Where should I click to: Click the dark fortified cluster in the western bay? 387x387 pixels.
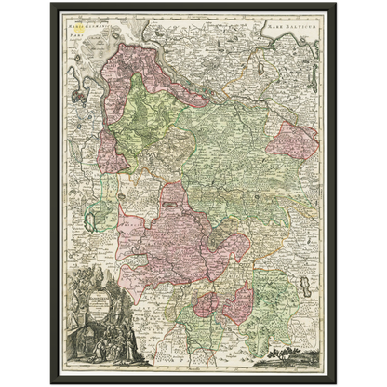(74, 130)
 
